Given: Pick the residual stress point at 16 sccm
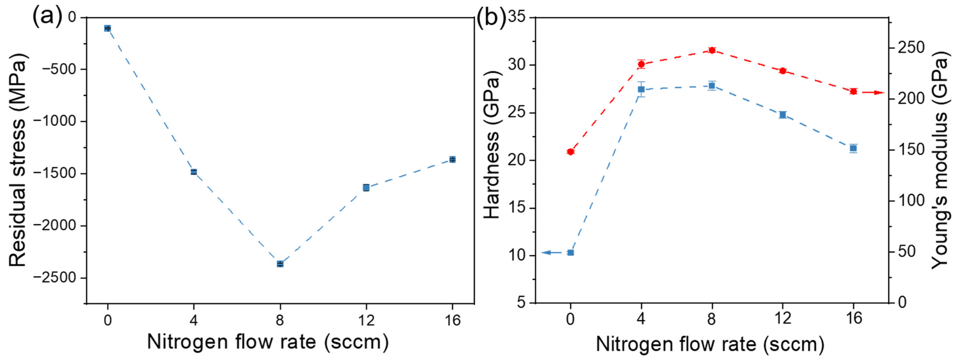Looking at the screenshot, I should click(452, 159).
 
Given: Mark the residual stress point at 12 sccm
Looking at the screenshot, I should click(366, 187).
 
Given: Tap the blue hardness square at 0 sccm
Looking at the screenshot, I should click(571, 253).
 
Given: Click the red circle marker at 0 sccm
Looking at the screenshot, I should click(571, 151).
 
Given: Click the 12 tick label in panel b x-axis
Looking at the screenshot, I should click(783, 318).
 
